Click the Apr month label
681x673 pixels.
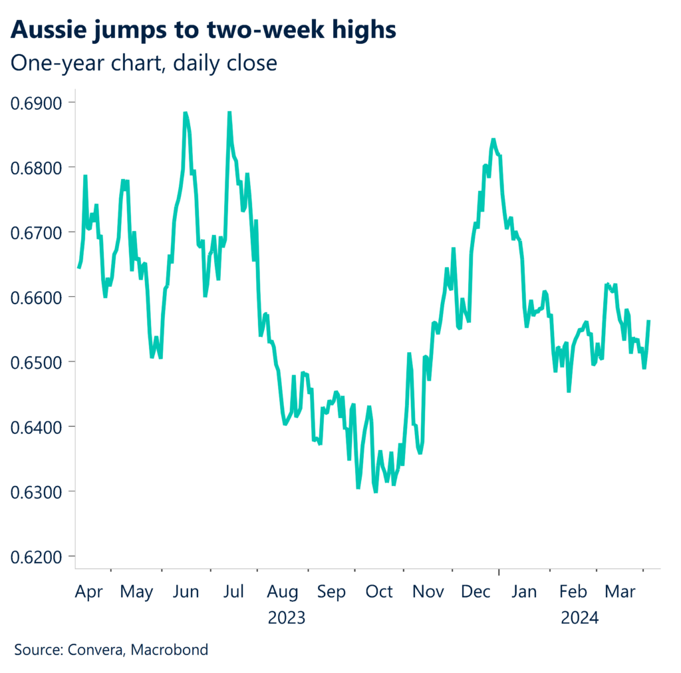(x=88, y=592)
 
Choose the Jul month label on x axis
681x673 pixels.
(x=233, y=592)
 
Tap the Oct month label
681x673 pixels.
(x=379, y=592)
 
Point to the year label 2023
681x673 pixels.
(x=286, y=618)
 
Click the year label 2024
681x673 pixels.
(x=579, y=618)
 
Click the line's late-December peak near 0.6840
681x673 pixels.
(x=493, y=139)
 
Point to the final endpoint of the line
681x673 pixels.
(x=648, y=321)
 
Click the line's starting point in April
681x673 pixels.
(x=78, y=268)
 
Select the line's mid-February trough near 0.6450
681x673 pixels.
(x=569, y=391)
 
